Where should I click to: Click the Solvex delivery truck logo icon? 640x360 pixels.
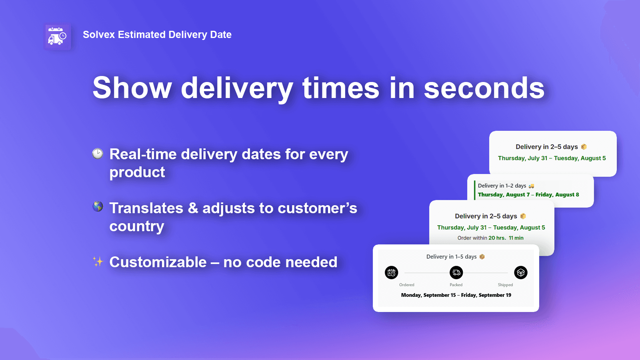pyautogui.click(x=57, y=37)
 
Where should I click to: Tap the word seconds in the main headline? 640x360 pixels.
pyautogui.click(x=484, y=88)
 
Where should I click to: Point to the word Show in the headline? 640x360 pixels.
pyautogui.click(x=132, y=88)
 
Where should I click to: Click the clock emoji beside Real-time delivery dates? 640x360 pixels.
pyautogui.click(x=98, y=154)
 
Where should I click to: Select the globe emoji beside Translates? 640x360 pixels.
pyautogui.click(x=98, y=206)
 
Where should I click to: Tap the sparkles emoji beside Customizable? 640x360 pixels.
pyautogui.click(x=98, y=262)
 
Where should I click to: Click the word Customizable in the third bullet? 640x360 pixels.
pyautogui.click(x=158, y=262)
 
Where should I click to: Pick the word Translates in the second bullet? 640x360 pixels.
pyautogui.click(x=146, y=208)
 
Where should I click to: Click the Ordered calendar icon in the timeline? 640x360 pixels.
pyautogui.click(x=392, y=273)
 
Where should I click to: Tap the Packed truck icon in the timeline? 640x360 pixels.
pyautogui.click(x=456, y=273)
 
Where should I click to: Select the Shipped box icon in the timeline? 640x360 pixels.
pyautogui.click(x=520, y=273)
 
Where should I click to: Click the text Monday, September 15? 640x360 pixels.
pyautogui.click(x=428, y=295)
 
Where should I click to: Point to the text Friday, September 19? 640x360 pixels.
pyautogui.click(x=486, y=295)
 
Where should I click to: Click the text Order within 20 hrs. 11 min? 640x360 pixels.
pyautogui.click(x=490, y=238)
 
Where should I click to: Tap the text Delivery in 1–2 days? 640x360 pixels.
pyautogui.click(x=502, y=186)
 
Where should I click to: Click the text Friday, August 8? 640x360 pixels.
pyautogui.click(x=557, y=195)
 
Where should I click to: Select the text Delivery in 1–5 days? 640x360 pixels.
pyautogui.click(x=451, y=257)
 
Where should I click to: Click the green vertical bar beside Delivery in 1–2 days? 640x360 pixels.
pyautogui.click(x=474, y=190)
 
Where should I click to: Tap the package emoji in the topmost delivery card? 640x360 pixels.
pyautogui.click(x=584, y=147)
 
